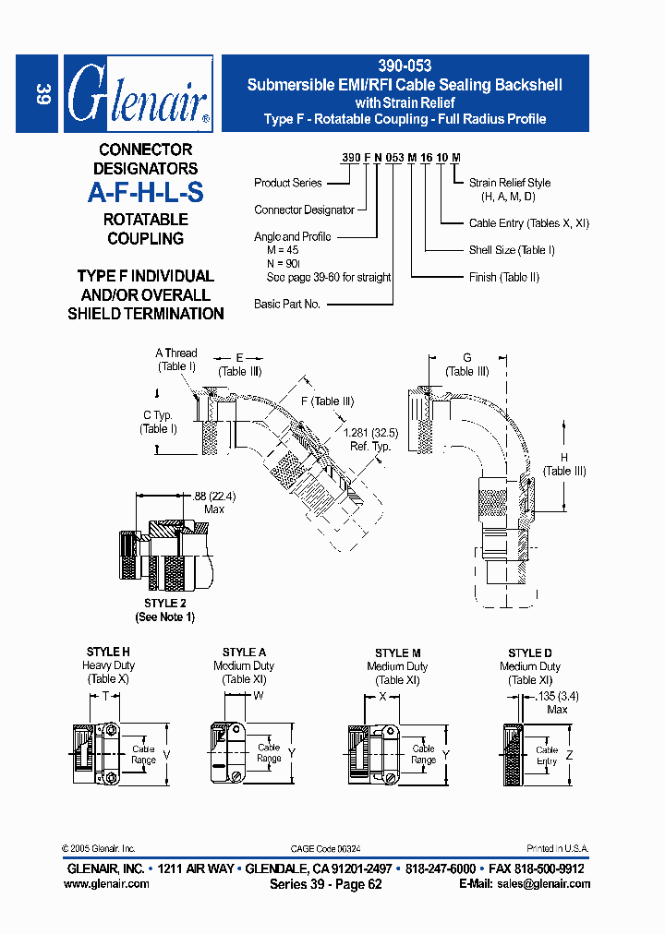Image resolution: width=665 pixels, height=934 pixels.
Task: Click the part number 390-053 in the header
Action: point(405,66)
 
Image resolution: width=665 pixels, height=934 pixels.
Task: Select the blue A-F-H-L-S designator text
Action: point(145,193)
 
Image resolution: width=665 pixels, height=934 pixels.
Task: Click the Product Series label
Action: point(287,183)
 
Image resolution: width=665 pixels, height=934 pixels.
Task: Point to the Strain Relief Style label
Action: point(510,183)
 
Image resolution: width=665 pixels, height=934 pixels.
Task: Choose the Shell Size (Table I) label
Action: point(512,250)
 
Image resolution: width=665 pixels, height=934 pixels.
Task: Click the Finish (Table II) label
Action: point(504,277)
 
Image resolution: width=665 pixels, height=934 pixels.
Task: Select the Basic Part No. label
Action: point(286,304)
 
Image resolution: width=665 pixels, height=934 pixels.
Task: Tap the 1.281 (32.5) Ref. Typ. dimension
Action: point(369,438)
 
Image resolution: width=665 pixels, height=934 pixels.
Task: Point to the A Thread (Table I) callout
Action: point(175,359)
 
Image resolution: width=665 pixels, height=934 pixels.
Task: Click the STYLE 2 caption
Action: point(165,604)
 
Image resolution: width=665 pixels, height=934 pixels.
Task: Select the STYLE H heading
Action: point(108,652)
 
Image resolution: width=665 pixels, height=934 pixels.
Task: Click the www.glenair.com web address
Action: point(106,883)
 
